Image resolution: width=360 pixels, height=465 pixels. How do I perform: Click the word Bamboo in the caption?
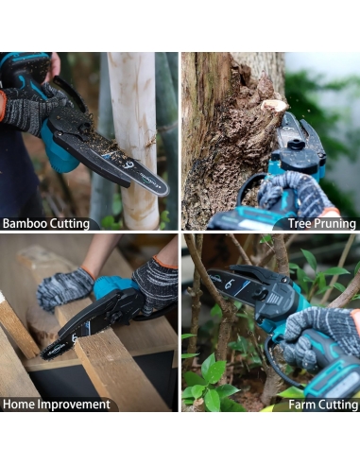click(25, 224)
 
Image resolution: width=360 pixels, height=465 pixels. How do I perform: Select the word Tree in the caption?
click(300, 224)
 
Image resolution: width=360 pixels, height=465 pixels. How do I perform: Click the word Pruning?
click(334, 224)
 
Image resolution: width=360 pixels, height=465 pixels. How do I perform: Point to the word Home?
click(19, 405)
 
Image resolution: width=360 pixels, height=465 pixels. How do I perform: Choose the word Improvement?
click(74, 405)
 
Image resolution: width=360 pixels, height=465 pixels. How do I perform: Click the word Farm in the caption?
click(302, 405)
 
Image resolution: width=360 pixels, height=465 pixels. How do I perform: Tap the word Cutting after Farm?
click(338, 405)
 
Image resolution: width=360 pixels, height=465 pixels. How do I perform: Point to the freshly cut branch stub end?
click(275, 106)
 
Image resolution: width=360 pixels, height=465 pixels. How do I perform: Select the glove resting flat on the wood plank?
click(64, 289)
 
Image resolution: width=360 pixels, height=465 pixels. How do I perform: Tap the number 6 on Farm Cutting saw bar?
click(228, 284)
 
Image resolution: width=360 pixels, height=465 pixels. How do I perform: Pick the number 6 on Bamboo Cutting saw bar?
click(129, 165)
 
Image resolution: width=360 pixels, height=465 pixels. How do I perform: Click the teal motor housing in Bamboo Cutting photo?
click(60, 151)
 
